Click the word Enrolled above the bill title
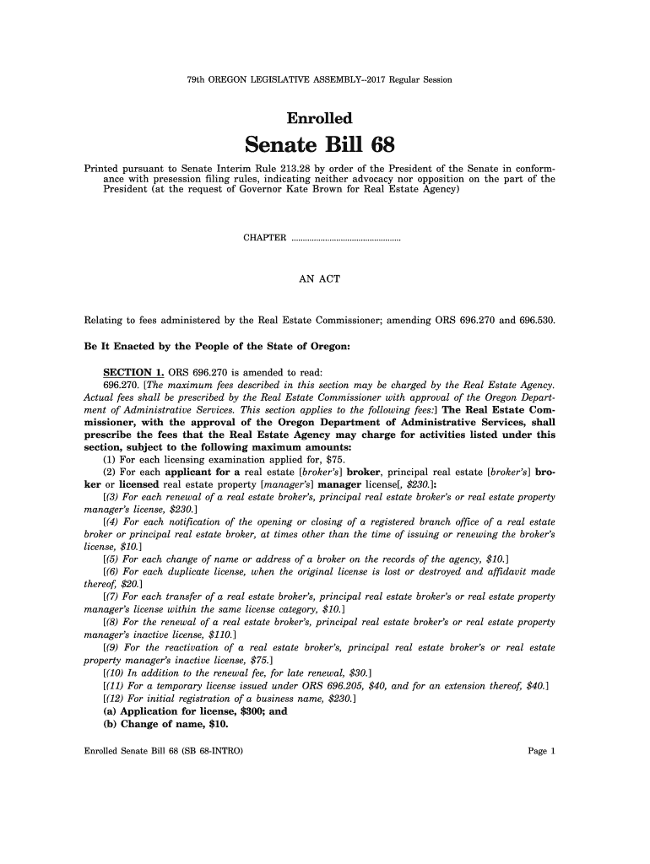click(319, 118)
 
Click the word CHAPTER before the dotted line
click(264, 238)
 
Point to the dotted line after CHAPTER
click(345, 239)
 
